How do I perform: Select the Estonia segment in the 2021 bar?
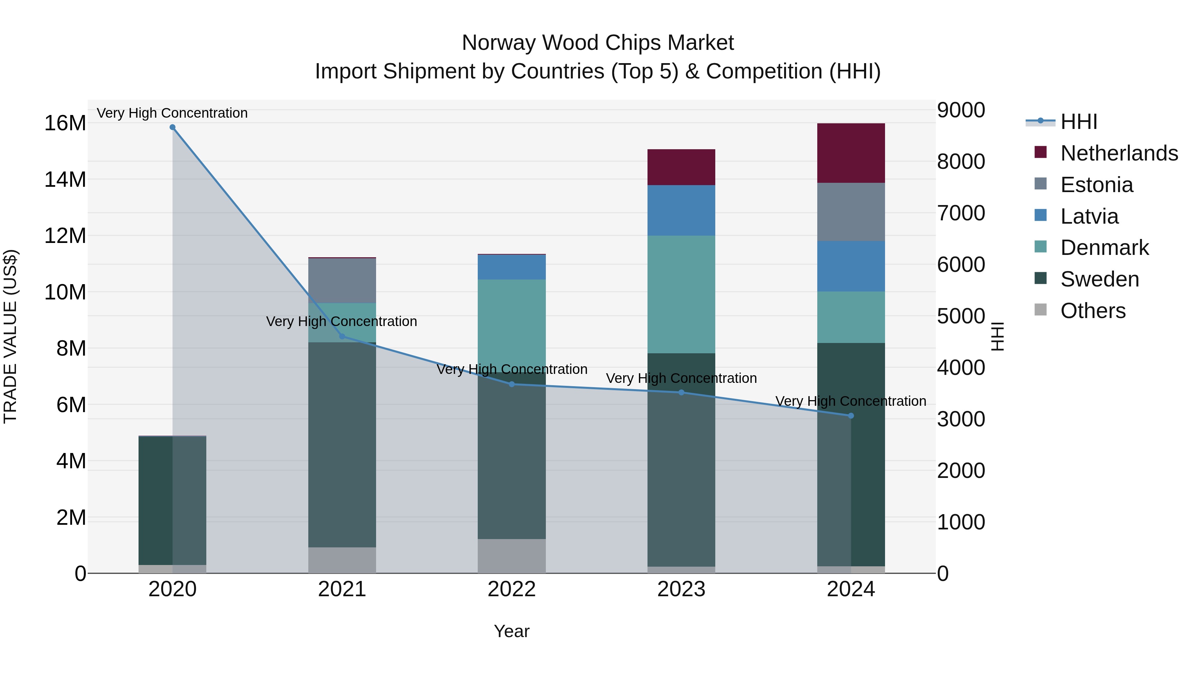[x=342, y=280]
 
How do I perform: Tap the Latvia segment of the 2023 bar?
[x=681, y=210]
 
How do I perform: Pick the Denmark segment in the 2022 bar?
[x=512, y=325]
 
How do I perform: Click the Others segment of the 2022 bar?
[x=512, y=556]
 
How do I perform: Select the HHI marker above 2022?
[x=512, y=384]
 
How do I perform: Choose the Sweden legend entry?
[x=1099, y=279]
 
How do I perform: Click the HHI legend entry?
[x=1078, y=122]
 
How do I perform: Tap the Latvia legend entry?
[x=1089, y=216]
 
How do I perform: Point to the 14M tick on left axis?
[x=65, y=179]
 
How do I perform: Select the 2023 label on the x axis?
[x=681, y=589]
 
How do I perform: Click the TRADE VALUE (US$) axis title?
[x=10, y=336]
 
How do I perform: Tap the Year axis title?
[x=512, y=631]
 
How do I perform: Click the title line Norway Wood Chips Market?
[x=598, y=43]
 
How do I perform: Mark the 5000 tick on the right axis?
[x=960, y=316]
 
